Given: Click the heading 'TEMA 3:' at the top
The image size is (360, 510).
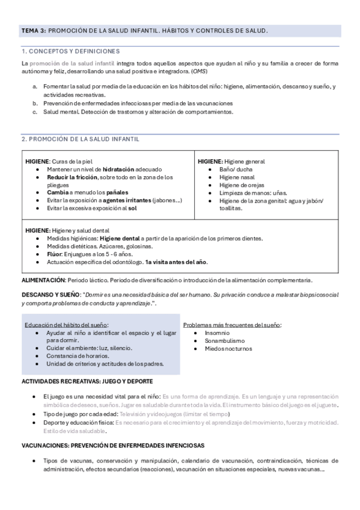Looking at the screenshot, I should pyautogui.click(x=34, y=31).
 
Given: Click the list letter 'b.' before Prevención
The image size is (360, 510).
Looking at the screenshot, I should pyautogui.click(x=36, y=103).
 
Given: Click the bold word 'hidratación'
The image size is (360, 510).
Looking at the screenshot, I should pyautogui.click(x=119, y=170).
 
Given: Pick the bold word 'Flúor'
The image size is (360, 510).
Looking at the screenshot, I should pyautogui.click(x=55, y=254).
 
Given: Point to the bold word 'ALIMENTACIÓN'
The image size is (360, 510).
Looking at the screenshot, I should pyautogui.click(x=43, y=280).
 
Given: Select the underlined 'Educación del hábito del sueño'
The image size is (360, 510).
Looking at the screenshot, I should pyautogui.click(x=66, y=325).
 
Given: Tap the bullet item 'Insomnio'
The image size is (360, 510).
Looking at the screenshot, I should pyautogui.click(x=217, y=333).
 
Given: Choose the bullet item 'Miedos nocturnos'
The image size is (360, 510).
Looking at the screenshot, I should pyautogui.click(x=228, y=348).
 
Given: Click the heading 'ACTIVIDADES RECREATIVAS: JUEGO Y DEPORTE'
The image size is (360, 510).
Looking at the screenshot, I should pyautogui.click(x=87, y=381).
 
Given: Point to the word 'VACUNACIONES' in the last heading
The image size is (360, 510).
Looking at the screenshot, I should pyautogui.click(x=44, y=445).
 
